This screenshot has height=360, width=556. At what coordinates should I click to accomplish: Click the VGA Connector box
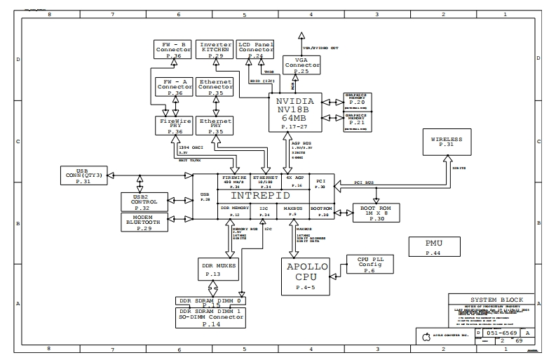coord(301,66)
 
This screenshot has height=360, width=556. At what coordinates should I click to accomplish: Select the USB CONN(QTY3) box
coord(83,177)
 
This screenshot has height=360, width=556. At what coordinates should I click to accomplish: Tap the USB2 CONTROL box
coord(144,202)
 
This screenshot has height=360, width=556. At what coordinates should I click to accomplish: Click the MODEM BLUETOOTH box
coord(144,222)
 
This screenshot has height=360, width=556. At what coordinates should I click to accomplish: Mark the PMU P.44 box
coord(433,247)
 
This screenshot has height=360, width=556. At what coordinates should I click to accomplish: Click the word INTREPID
coord(260,196)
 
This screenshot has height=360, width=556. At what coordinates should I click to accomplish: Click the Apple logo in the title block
coord(425,335)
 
